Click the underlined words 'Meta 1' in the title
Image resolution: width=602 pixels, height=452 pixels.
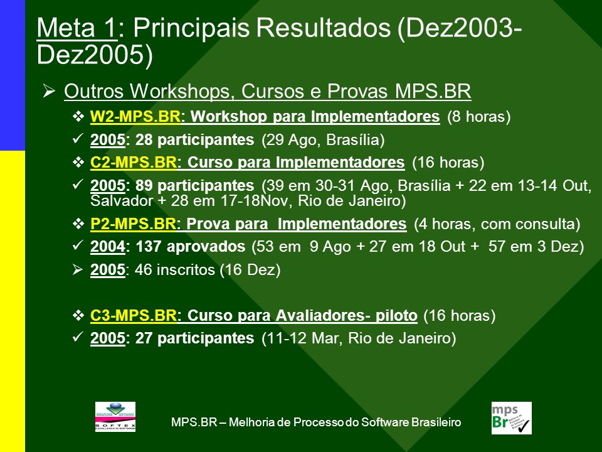click(77, 28)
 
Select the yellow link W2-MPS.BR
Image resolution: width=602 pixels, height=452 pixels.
click(135, 117)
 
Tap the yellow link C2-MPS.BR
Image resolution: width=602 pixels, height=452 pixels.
click(133, 162)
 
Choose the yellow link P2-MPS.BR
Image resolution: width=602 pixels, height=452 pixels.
click(133, 223)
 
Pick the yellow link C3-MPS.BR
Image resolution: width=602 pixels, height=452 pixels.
click(133, 316)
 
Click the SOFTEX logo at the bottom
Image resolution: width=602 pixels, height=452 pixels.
click(115, 417)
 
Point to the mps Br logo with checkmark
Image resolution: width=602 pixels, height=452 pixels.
click(512, 418)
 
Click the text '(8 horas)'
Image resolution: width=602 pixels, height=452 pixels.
click(478, 117)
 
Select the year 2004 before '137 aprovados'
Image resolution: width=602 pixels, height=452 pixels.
click(107, 247)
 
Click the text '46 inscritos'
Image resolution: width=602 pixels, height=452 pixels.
click(175, 270)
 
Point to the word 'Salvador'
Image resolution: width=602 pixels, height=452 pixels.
click(122, 201)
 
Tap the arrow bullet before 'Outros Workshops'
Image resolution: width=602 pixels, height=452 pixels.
click(49, 91)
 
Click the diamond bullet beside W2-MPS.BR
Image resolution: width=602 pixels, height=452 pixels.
click(78, 117)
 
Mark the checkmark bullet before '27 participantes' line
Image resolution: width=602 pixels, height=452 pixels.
click(78, 337)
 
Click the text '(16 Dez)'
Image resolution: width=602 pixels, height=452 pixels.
click(250, 270)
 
